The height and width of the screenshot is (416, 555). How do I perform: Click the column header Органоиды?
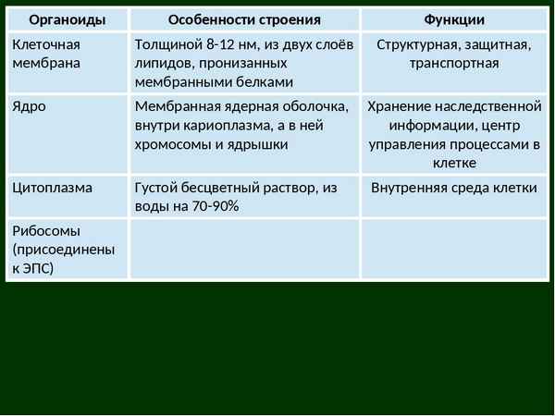tap(66, 19)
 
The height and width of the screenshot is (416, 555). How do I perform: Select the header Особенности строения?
tap(244, 19)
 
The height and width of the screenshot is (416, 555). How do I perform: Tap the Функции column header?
tap(453, 19)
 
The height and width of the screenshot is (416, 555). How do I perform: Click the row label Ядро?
tap(29, 106)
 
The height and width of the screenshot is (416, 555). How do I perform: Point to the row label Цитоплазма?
tap(53, 188)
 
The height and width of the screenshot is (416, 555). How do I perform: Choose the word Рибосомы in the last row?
tap(46, 231)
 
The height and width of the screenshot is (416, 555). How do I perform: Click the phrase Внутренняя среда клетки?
tap(453, 188)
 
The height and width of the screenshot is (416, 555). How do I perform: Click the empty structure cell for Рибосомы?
tap(244, 249)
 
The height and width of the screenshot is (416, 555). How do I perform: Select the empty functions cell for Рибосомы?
tap(453, 249)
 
